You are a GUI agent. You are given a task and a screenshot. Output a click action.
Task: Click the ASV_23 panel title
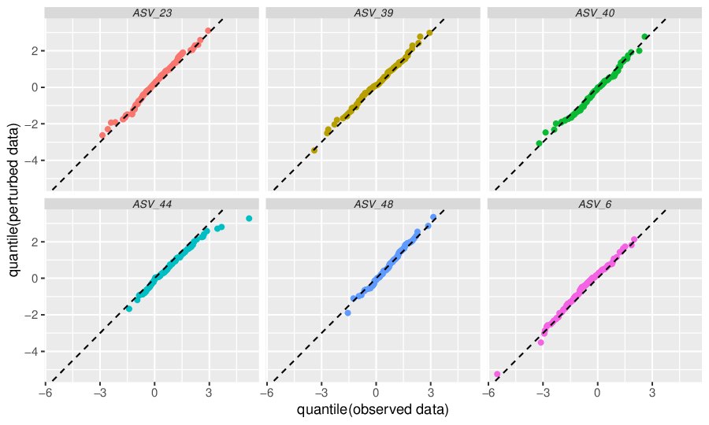click(x=152, y=13)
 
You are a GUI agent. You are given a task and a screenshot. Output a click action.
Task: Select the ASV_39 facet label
click(x=373, y=13)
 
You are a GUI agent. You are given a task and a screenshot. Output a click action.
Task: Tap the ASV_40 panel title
click(x=595, y=13)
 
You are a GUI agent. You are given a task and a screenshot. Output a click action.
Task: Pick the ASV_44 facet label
click(x=152, y=204)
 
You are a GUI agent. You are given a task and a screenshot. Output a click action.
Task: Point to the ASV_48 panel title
click(x=373, y=204)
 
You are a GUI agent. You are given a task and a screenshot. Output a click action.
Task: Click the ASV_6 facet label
click(x=595, y=204)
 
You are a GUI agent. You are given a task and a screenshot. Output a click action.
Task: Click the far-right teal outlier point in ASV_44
click(x=249, y=219)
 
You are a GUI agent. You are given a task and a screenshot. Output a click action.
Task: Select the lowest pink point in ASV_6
click(x=497, y=374)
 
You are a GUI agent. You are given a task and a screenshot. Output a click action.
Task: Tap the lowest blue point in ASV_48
click(x=347, y=313)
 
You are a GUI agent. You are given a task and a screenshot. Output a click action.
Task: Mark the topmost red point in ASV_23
click(x=208, y=31)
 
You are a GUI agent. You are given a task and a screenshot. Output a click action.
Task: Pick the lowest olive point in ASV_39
click(x=314, y=150)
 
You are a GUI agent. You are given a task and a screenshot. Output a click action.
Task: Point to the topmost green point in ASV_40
click(x=644, y=36)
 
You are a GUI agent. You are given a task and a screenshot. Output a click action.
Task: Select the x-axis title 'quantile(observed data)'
click(x=373, y=409)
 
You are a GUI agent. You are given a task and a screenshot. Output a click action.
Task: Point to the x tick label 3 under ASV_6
click(x=652, y=393)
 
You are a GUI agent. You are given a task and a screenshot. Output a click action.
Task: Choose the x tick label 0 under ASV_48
click(x=376, y=393)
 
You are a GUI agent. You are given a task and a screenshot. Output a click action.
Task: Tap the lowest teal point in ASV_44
click(x=129, y=309)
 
